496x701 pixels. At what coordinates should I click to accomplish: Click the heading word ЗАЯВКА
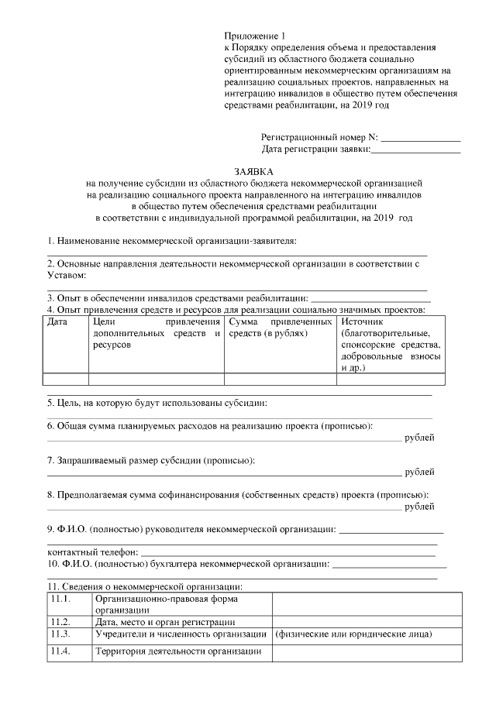click(x=253, y=170)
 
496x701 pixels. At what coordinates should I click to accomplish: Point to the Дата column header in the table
click(x=58, y=321)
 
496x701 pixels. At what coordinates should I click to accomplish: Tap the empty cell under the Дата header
click(x=65, y=380)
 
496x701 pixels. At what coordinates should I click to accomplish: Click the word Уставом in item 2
click(x=67, y=276)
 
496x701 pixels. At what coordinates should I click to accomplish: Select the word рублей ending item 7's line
click(x=419, y=472)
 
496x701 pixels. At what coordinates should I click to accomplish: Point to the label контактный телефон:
click(x=92, y=552)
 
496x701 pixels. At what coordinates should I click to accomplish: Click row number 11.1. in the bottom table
click(x=60, y=599)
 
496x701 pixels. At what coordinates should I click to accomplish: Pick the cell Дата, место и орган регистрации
click(x=165, y=622)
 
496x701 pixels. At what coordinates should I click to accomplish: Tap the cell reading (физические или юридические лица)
click(x=354, y=634)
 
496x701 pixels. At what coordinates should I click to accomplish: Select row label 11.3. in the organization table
click(x=60, y=634)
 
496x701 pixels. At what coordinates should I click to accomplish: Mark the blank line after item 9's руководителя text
click(x=391, y=531)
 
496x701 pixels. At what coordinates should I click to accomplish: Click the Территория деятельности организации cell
click(x=177, y=651)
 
